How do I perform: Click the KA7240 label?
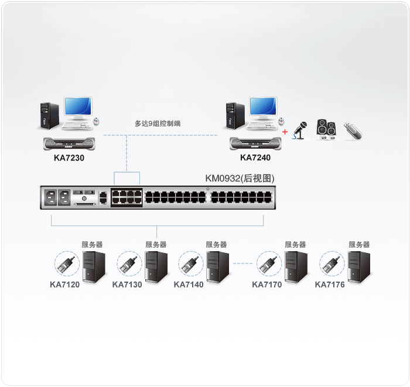click(255, 157)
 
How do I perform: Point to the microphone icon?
click(301, 131)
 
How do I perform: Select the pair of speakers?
click(326, 129)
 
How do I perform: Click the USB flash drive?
click(354, 130)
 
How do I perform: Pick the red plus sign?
click(285, 132)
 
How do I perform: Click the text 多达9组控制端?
click(158, 124)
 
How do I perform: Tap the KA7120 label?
click(64, 285)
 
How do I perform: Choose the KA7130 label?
click(127, 285)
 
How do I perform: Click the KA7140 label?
click(189, 285)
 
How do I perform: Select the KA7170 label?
click(267, 285)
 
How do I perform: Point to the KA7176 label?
click(330, 285)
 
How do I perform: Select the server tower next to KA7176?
click(358, 267)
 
